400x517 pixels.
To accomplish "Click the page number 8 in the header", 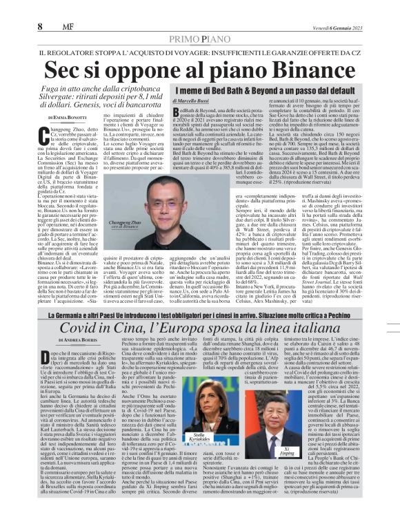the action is coord(40,26).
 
